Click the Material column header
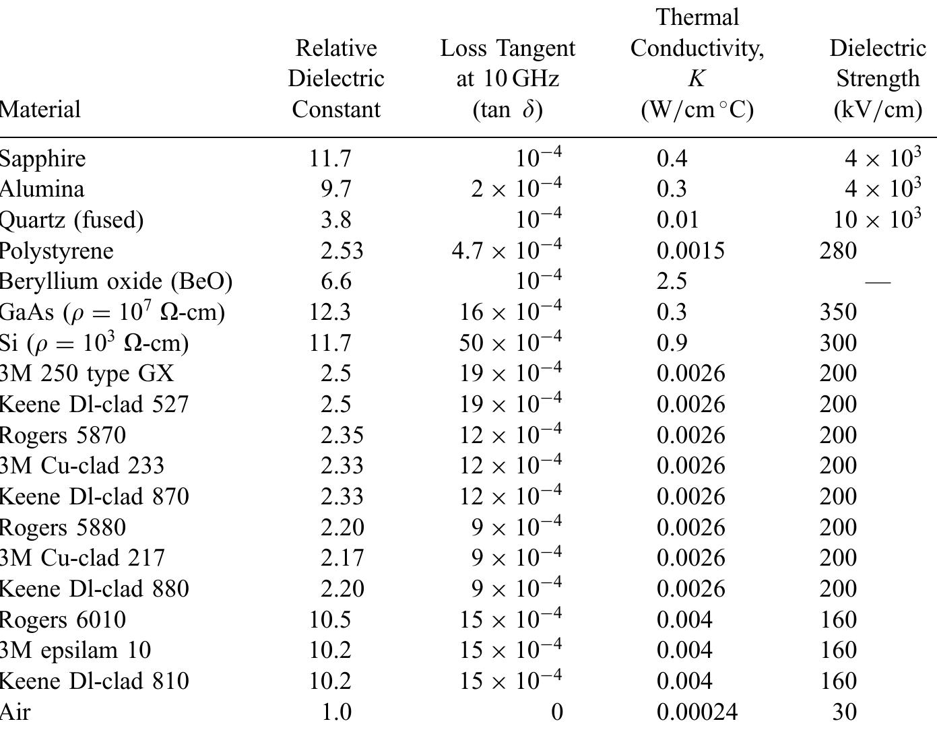pos(40,109)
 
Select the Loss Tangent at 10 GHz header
pos(507,79)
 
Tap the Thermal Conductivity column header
pos(697,63)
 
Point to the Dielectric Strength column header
pos(877,79)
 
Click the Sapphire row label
pos(43,159)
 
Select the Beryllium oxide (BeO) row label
pos(116,281)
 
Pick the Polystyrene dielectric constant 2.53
pos(342,251)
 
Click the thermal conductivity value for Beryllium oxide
pos(672,281)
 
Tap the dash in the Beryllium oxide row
pos(877,282)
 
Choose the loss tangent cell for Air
pos(556,712)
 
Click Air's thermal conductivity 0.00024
pos(697,712)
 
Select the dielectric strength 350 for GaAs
pos(838,312)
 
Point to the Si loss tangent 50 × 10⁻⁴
pos(510,343)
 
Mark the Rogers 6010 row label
pos(63,620)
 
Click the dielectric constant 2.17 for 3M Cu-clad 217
pos(342,558)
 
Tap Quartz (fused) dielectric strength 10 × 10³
pos(876,220)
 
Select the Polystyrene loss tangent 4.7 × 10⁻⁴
pos(506,251)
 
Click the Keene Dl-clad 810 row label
pos(94,681)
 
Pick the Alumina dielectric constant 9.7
pos(335,189)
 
